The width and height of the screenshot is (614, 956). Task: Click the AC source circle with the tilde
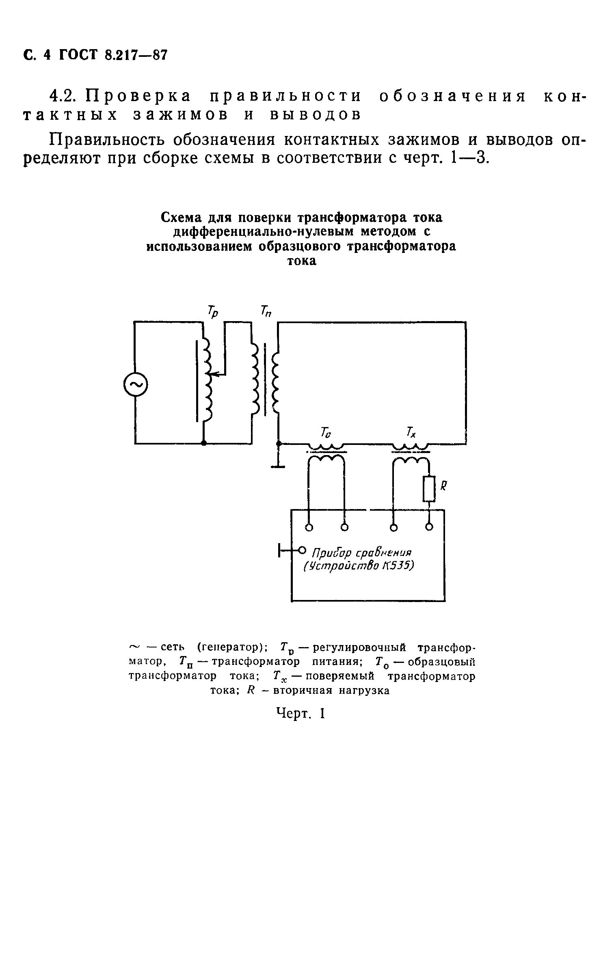click(x=136, y=385)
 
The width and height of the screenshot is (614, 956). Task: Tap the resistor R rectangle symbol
click(x=429, y=489)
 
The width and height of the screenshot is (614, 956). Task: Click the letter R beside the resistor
click(x=443, y=486)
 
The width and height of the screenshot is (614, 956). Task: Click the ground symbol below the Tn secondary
click(x=278, y=466)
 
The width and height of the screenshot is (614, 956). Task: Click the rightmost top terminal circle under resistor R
click(x=429, y=527)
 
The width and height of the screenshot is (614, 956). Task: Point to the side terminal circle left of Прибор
click(x=302, y=550)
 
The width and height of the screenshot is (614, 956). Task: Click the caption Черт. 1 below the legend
click(x=301, y=713)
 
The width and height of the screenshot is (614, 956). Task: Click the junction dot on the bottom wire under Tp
click(x=204, y=443)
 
